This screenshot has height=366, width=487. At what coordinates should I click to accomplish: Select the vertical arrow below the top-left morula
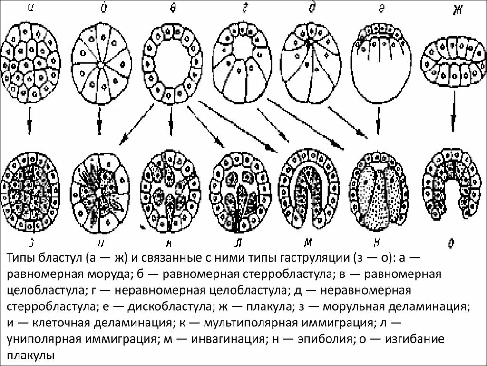coord(29,122)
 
